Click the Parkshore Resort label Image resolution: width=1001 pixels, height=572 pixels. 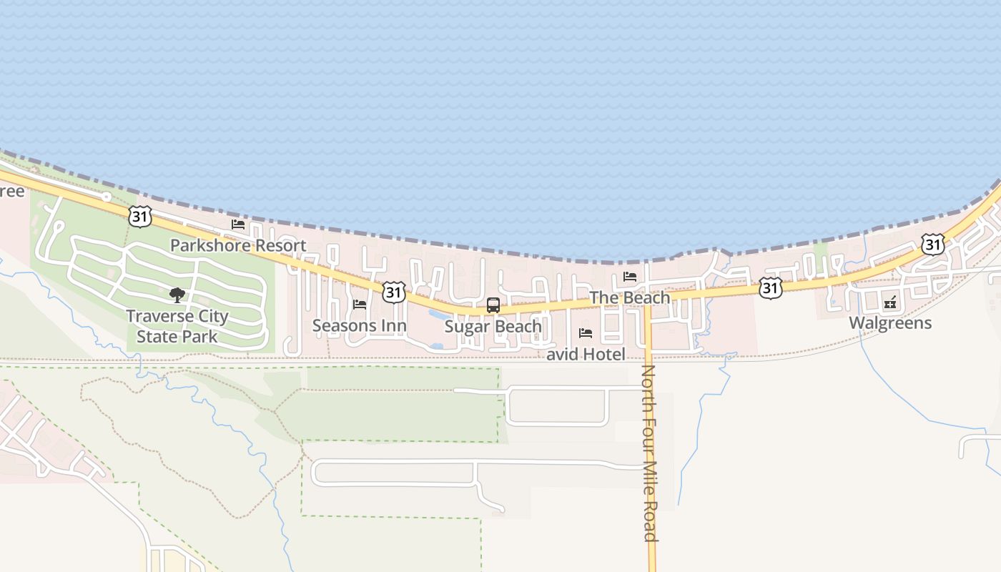[237, 245]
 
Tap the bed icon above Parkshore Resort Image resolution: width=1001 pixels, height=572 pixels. [238, 225]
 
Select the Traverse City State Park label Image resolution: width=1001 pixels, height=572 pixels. [177, 326]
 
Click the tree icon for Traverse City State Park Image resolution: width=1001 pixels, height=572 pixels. [177, 295]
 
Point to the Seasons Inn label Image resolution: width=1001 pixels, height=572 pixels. [359, 326]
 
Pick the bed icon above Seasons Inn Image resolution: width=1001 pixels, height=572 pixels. [360, 305]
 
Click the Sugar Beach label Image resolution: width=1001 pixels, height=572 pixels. [493, 327]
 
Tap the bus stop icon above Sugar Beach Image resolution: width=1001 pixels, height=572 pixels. [493, 305]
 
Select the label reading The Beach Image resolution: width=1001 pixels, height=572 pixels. [629, 297]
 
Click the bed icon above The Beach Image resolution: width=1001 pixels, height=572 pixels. [630, 277]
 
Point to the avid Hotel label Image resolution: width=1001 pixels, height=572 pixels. [586, 354]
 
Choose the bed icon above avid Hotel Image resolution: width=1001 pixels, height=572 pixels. [586, 333]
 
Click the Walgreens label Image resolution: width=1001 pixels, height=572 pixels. [890, 322]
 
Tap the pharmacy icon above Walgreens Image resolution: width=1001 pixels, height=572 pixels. [890, 302]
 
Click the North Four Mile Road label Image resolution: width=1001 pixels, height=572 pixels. [649, 453]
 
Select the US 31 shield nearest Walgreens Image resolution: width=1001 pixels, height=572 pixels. [932, 245]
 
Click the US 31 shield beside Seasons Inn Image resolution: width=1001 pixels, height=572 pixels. [394, 291]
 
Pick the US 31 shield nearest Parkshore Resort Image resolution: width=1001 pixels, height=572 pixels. [140, 216]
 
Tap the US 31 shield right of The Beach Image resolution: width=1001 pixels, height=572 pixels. [770, 288]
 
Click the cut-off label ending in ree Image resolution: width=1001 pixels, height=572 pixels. [11, 192]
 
